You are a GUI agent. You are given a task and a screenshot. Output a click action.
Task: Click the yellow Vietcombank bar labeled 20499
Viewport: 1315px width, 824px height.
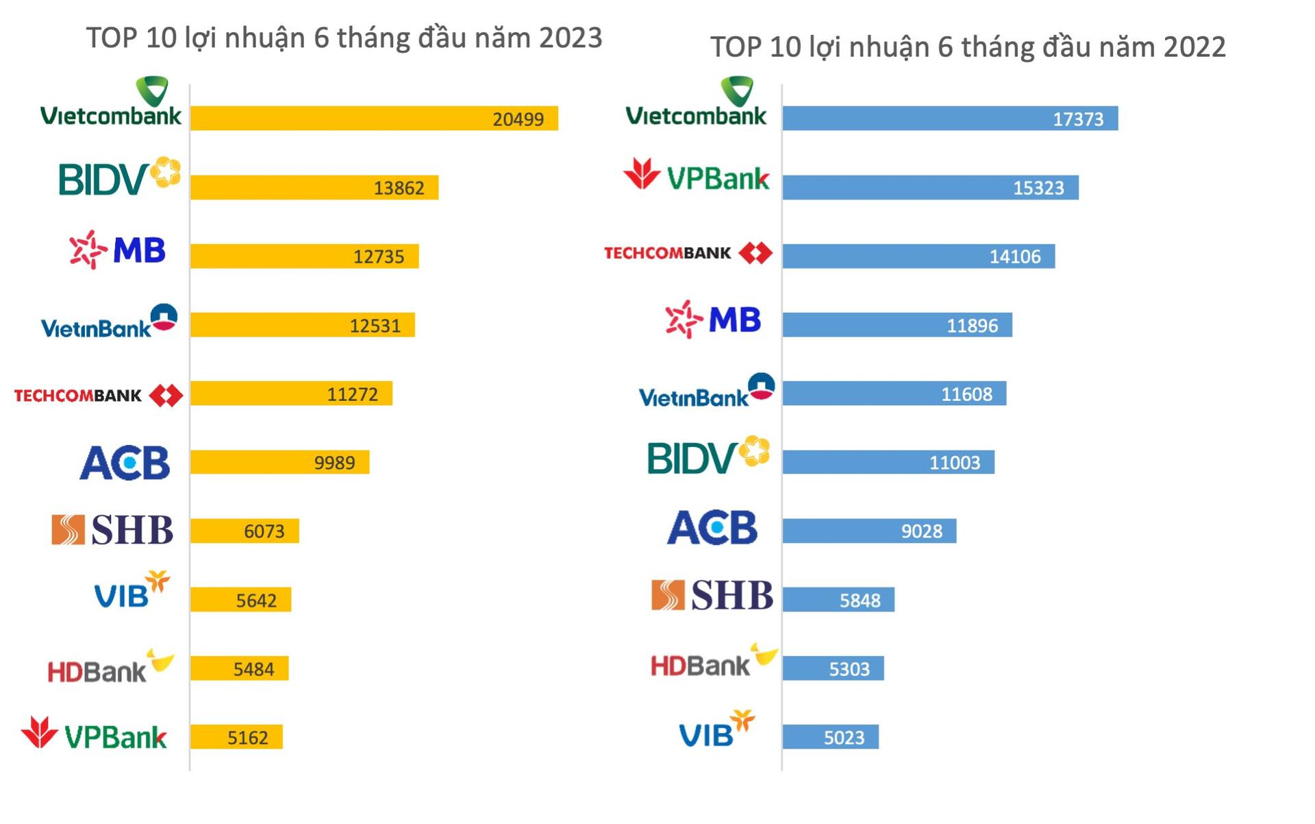click(374, 118)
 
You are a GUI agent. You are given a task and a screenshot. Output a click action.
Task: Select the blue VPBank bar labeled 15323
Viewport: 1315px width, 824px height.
click(930, 187)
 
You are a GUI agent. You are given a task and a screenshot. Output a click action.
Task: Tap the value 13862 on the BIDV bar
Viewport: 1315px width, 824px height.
click(399, 188)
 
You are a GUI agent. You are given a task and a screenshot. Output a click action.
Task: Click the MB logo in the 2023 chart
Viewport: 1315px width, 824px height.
click(118, 250)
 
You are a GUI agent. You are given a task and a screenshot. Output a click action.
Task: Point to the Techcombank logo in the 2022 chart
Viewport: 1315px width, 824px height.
click(688, 254)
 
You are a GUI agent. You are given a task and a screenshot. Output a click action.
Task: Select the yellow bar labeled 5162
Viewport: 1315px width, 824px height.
click(236, 737)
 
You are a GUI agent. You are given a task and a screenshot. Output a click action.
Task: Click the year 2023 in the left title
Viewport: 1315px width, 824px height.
click(570, 38)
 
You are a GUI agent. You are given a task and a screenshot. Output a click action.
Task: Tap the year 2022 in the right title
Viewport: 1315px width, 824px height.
click(1194, 47)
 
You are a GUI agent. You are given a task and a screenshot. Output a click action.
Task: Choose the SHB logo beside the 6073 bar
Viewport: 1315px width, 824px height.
click(113, 530)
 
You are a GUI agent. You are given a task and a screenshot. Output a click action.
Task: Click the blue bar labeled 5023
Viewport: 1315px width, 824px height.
click(830, 737)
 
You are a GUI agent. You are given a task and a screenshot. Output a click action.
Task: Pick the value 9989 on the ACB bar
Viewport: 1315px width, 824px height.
click(334, 463)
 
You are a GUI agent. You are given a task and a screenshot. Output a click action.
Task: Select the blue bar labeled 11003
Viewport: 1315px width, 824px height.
click(888, 462)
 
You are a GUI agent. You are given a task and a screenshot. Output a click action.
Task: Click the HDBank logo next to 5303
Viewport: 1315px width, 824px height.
click(712, 662)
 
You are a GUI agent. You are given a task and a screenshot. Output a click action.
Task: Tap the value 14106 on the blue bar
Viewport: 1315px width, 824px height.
click(1014, 256)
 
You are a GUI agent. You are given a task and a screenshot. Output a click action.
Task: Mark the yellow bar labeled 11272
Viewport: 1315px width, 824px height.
click(291, 393)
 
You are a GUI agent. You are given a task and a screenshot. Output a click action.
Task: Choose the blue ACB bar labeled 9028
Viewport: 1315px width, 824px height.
click(869, 531)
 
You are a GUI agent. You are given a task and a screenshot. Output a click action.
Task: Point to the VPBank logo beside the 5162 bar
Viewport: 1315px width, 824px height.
click(95, 734)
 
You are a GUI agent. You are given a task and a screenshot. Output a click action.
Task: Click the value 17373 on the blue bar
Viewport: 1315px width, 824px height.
click(1077, 119)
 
